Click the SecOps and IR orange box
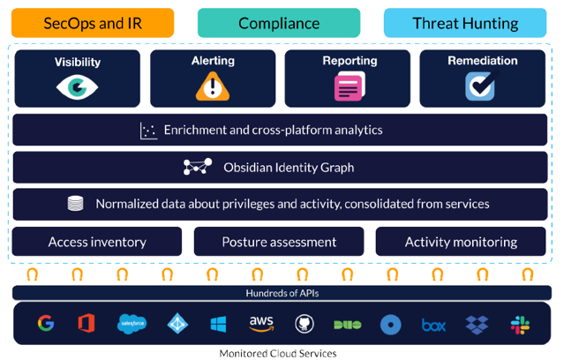tap(93, 23)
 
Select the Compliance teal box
tap(279, 23)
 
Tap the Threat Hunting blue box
tap(465, 23)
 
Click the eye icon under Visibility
tap(76, 86)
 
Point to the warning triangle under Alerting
tap(212, 86)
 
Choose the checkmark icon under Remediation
tap(479, 86)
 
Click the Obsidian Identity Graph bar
tap(282, 167)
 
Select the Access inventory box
tap(97, 242)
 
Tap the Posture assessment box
tap(279, 242)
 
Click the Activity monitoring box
tap(461, 242)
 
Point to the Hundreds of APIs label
tap(282, 293)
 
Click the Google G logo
tap(46, 324)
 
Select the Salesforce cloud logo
tap(132, 325)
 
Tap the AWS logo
tap(261, 324)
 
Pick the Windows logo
tap(218, 325)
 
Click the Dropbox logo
tap(477, 325)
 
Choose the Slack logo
tap(520, 325)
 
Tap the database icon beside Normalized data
tap(76, 204)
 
